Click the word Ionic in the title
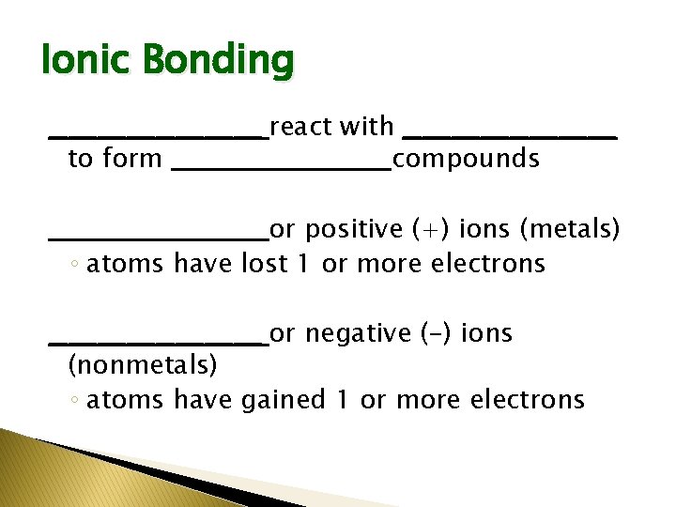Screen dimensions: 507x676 (x=79, y=61)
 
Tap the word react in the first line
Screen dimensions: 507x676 (x=300, y=126)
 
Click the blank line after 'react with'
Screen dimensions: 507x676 (x=509, y=136)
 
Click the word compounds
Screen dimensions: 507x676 (x=467, y=160)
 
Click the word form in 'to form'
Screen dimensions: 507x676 (x=131, y=159)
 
